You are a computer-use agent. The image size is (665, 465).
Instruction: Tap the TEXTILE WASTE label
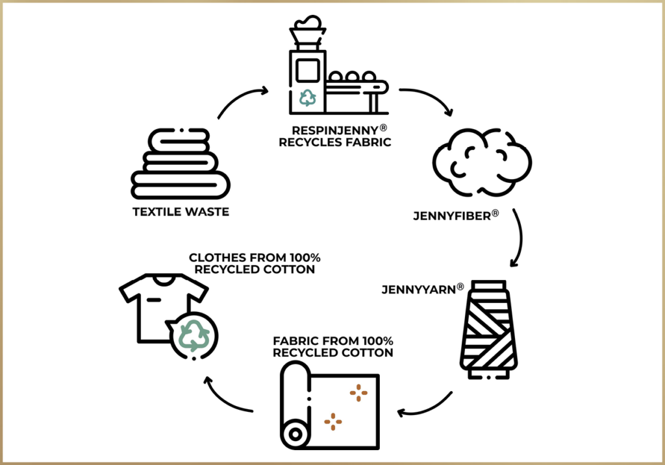[x=181, y=211]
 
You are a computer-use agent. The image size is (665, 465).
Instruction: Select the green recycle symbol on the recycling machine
[x=307, y=98]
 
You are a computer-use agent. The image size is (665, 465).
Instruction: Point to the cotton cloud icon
[x=481, y=163]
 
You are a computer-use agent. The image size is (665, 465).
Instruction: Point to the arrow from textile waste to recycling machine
[x=240, y=101]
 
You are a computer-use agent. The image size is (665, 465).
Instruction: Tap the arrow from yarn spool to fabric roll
[x=425, y=405]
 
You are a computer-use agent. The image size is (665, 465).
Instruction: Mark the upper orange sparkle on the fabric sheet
[x=358, y=392]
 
